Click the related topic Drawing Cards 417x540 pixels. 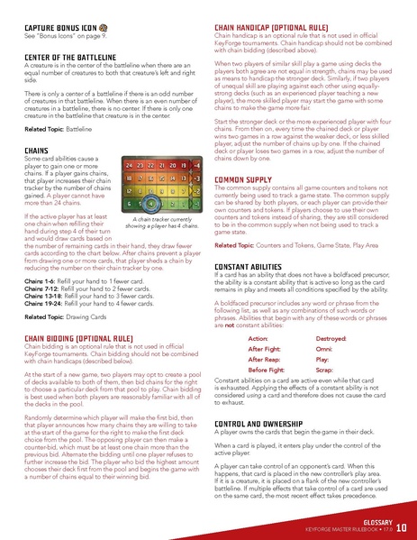[x=86, y=317]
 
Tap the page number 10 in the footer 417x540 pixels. [x=399, y=526]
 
